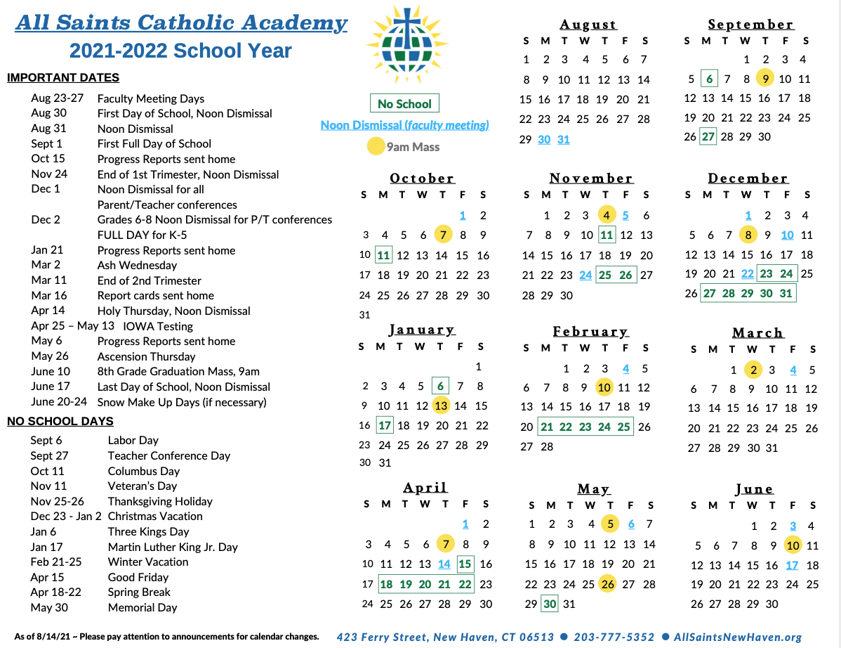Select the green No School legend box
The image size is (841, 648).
click(x=404, y=104)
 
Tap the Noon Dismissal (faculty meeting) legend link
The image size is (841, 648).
click(x=404, y=125)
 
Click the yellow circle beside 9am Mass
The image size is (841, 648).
click(x=376, y=147)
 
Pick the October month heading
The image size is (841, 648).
click(x=422, y=179)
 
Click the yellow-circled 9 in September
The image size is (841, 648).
click(x=766, y=79)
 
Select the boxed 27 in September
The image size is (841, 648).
click(x=708, y=137)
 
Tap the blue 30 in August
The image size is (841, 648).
click(x=544, y=139)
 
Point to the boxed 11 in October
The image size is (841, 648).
click(x=383, y=255)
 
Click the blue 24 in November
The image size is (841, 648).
click(x=585, y=276)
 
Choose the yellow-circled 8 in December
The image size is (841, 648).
click(x=748, y=235)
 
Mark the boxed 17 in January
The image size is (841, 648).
click(x=384, y=425)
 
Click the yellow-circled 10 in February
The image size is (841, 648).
click(x=604, y=387)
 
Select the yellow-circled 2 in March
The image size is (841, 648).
click(x=753, y=370)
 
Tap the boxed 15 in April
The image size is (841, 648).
click(x=465, y=564)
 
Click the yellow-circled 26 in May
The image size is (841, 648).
click(x=608, y=584)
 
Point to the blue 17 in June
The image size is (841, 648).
click(x=793, y=565)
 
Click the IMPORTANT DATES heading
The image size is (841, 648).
click(x=63, y=78)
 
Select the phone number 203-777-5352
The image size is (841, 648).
click(x=614, y=637)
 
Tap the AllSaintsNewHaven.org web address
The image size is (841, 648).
click(x=737, y=637)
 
